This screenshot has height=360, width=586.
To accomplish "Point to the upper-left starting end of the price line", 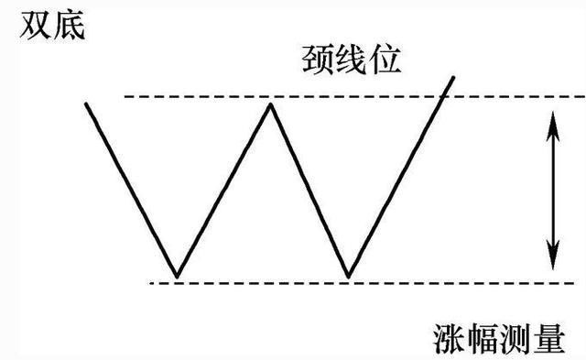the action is (x=86, y=103).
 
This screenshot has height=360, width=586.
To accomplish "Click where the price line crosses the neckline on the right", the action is (x=442, y=96).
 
